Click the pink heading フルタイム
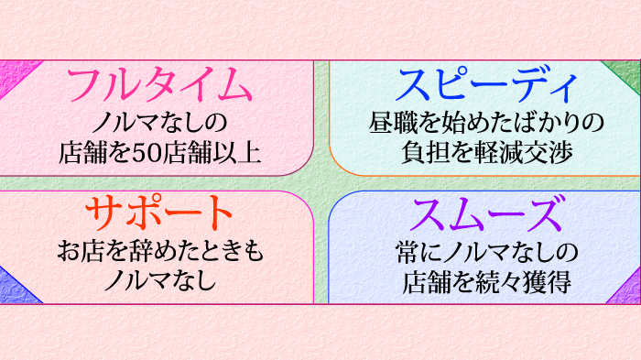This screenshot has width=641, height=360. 158,86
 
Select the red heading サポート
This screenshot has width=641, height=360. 158,213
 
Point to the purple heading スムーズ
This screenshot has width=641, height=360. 486,214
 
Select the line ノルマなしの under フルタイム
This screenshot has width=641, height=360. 158,122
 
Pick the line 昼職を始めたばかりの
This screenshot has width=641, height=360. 486,122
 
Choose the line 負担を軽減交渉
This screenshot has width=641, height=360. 486,152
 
